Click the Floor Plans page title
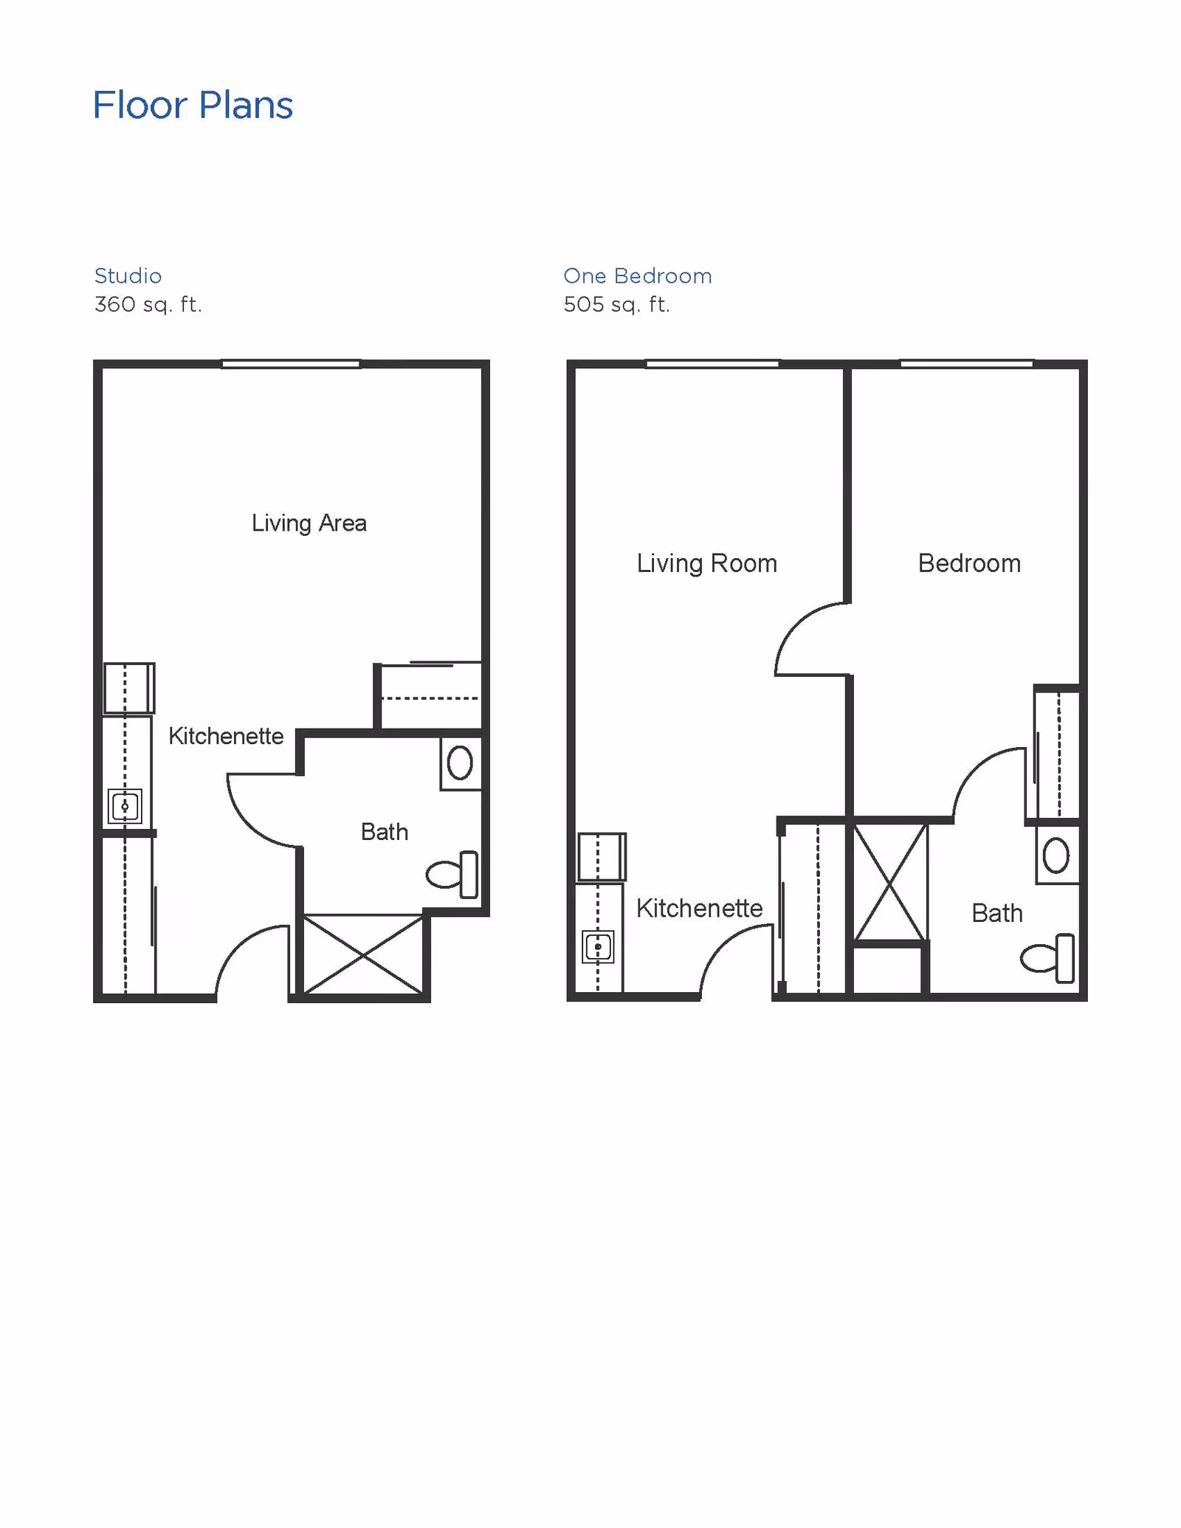(x=193, y=105)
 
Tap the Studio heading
(x=128, y=276)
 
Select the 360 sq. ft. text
(x=148, y=304)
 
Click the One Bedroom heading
(x=638, y=276)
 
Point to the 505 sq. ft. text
(x=617, y=304)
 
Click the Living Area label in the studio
(x=309, y=523)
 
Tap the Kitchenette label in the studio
(x=226, y=736)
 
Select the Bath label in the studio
(x=385, y=832)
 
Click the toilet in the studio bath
(x=452, y=875)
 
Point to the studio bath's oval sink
(x=460, y=763)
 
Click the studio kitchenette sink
(x=125, y=806)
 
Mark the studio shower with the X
(x=363, y=955)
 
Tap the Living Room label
(x=707, y=564)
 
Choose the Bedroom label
(x=970, y=563)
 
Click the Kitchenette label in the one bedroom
(x=700, y=909)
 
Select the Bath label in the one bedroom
(x=997, y=914)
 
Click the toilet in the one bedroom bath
(x=1047, y=959)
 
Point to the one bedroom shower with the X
(x=890, y=883)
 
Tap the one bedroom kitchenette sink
(x=598, y=947)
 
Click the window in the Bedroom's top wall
(x=966, y=364)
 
